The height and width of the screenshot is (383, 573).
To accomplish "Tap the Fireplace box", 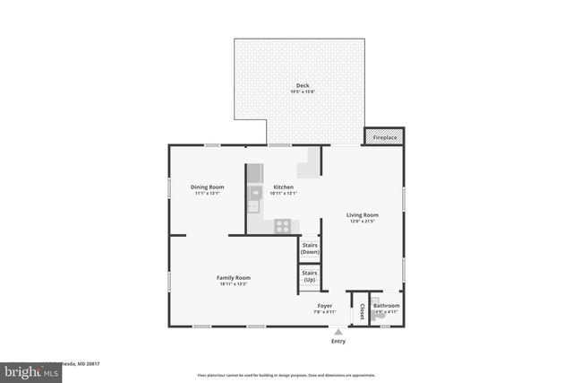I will pyautogui.click(x=384, y=137).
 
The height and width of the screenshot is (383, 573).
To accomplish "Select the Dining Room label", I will pyautogui.click(x=206, y=187).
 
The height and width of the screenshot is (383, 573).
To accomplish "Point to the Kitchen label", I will pyautogui.click(x=284, y=187).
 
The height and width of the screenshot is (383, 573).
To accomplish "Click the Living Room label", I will pyautogui.click(x=363, y=214).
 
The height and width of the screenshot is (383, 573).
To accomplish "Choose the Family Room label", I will pyautogui.click(x=233, y=278).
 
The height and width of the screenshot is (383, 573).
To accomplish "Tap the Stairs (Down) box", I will pyautogui.click(x=310, y=250).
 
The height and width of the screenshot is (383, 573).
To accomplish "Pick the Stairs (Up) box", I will pyautogui.click(x=310, y=277).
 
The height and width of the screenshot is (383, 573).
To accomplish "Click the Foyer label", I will pyautogui.click(x=324, y=306).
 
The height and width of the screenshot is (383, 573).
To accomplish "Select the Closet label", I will pyautogui.click(x=362, y=311).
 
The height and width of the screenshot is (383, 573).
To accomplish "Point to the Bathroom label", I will pyautogui.click(x=387, y=306).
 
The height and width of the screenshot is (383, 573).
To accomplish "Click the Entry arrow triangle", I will pyautogui.click(x=338, y=331).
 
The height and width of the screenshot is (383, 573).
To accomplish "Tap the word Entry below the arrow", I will pyautogui.click(x=338, y=342).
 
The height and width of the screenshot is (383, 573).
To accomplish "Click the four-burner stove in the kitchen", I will pyautogui.click(x=283, y=226).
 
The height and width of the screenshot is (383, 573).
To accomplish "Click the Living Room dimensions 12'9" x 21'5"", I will pyautogui.click(x=363, y=221).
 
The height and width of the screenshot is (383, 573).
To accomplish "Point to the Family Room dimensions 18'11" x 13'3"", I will pyautogui.click(x=233, y=284).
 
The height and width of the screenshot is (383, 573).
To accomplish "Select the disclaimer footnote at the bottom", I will pyautogui.click(x=286, y=375).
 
